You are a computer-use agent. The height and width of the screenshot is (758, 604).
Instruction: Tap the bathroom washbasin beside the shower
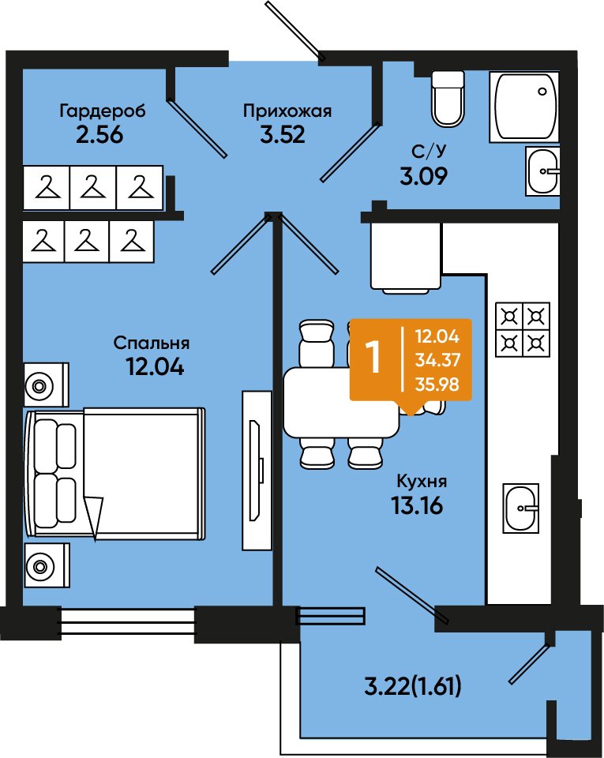pyautogui.click(x=542, y=171)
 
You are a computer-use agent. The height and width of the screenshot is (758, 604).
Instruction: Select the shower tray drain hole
pyautogui.click(x=542, y=92)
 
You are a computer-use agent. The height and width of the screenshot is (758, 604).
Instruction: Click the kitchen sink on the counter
pyautogui.click(x=521, y=508)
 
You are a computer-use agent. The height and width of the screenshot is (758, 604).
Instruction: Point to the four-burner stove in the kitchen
pyautogui.click(x=523, y=330)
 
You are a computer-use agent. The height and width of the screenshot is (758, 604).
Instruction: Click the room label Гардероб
pyautogui.click(x=103, y=111)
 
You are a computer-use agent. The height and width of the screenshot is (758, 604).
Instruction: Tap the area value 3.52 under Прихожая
pyautogui.click(x=283, y=134)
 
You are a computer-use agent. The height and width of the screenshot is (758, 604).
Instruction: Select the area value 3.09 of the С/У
pyautogui.click(x=423, y=176)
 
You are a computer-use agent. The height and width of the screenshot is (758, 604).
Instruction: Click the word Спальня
pyautogui.click(x=152, y=343)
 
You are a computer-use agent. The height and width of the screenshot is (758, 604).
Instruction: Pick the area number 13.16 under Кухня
pyautogui.click(x=417, y=505)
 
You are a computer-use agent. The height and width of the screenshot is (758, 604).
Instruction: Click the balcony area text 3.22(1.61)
pyautogui.click(x=412, y=686)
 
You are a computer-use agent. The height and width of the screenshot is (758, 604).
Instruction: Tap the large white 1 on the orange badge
pyautogui.click(x=374, y=358)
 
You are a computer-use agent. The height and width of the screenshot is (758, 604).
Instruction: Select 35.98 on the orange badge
pyautogui.click(x=437, y=385)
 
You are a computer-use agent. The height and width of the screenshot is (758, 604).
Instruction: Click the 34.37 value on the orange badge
pyautogui.click(x=437, y=360)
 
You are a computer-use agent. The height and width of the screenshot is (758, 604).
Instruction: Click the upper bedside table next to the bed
pyautogui.click(x=47, y=385)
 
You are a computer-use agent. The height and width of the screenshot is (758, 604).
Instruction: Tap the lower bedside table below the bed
pyautogui.click(x=47, y=565)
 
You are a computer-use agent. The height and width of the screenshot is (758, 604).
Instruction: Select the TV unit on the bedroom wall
pyautogui.click(x=257, y=470)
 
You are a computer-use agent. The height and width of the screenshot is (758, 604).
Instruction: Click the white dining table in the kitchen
pyautogui.click(x=341, y=402)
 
